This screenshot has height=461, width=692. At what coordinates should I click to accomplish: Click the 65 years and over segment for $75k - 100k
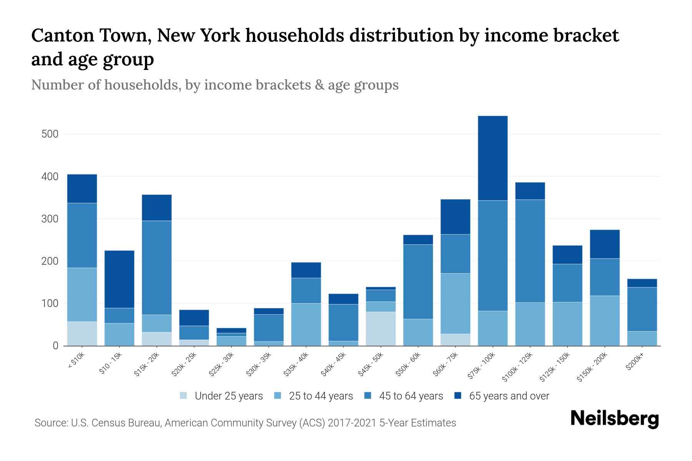492,158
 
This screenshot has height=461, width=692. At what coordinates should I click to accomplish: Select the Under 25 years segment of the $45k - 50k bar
381,328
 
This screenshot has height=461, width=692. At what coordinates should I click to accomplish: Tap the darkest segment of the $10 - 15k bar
119,279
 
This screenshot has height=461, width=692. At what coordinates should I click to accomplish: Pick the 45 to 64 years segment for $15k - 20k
156,268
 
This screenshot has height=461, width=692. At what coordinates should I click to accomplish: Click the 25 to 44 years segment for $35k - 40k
306,324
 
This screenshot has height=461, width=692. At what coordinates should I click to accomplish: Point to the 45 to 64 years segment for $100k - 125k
530,251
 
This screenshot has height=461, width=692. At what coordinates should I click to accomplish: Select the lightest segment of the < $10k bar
82,333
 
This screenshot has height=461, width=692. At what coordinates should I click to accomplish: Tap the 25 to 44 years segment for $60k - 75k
455,303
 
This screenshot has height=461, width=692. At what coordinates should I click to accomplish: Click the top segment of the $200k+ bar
642,283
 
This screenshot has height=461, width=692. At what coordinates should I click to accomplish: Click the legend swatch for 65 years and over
458,396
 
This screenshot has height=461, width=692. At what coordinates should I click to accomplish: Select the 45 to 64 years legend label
411,396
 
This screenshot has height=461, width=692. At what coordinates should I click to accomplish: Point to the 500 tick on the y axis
50,134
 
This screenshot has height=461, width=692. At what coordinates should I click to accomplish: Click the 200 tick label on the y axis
50,261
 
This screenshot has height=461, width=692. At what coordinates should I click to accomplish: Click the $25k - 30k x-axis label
221,365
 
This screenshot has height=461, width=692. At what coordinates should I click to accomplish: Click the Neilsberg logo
614,419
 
